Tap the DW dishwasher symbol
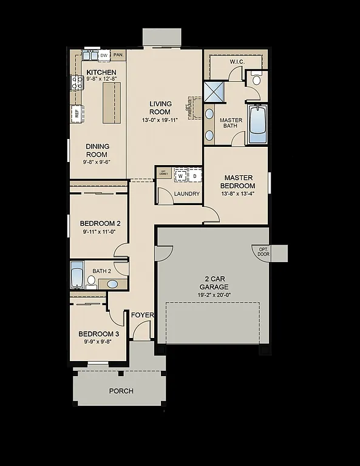pyautogui.click(x=104, y=56)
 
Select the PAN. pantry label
pyautogui.click(x=118, y=55)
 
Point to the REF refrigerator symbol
pyautogui.click(x=77, y=112)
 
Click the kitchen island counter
pyautogui.click(x=111, y=103)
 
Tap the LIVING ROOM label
pyautogui.click(x=160, y=107)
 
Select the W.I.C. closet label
pyautogui.click(x=237, y=62)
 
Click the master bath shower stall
pyautogui.click(x=214, y=92)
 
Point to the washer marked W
pyautogui.click(x=180, y=176)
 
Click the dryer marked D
pyautogui.click(x=194, y=176)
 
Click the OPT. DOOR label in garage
pyautogui.click(x=263, y=252)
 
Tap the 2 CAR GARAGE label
pyautogui.click(x=214, y=283)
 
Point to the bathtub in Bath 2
pyautogui.click(x=77, y=277)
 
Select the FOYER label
pyautogui.click(x=143, y=316)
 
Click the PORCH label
pyautogui.click(x=121, y=391)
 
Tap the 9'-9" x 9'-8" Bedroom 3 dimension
pyautogui.click(x=98, y=342)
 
